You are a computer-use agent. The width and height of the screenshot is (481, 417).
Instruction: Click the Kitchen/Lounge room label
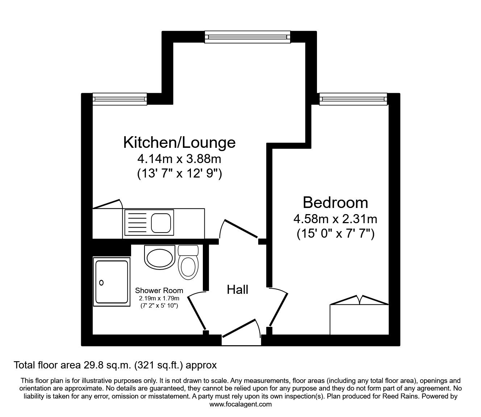(179, 142)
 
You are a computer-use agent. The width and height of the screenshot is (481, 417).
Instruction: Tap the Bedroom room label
(335, 203)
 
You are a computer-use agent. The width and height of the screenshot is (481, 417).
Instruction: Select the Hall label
(237, 289)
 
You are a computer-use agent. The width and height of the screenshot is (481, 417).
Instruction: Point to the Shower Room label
(159, 290)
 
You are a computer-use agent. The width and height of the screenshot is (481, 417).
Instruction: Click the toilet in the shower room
(188, 262)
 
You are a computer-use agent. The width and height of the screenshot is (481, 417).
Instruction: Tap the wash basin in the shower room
(160, 257)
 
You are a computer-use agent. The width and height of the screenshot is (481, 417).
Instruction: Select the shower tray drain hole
(101, 283)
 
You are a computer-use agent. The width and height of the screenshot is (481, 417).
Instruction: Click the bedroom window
(353, 99)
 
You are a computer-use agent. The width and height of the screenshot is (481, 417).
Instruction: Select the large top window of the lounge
(248, 37)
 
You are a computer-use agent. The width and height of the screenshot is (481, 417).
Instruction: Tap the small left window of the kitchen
(120, 99)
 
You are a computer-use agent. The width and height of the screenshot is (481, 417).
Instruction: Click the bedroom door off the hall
(279, 307)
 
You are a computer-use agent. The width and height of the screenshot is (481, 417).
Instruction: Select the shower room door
(197, 311)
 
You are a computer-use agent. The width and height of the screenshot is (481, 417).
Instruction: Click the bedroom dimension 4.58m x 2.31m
(335, 219)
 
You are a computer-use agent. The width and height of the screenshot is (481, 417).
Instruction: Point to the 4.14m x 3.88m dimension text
(179, 159)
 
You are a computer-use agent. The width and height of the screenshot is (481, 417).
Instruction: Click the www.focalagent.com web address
(240, 404)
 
